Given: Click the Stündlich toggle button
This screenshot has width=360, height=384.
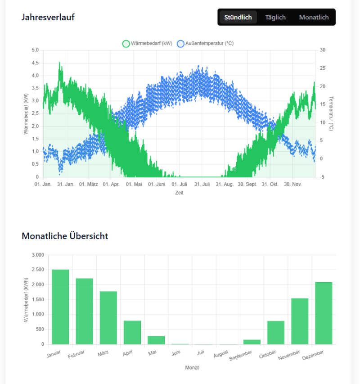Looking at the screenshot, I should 238,17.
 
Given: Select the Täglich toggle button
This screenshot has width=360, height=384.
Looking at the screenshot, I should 275,17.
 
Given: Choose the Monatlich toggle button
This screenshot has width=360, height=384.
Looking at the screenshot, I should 314,17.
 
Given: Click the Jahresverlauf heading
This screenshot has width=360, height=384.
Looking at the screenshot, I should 48,17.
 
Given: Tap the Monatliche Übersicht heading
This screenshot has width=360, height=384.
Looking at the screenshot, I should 65,235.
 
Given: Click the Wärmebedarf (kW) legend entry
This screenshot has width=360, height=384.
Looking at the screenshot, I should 147,44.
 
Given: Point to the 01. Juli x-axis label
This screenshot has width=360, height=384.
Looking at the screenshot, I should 179,184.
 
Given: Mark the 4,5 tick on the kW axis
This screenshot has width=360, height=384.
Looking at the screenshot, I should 35,63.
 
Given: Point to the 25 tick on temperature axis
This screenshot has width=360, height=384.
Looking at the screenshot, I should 322,68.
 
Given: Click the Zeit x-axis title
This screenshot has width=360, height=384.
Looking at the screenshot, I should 179,193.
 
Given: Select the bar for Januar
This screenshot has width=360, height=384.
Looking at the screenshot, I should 60,307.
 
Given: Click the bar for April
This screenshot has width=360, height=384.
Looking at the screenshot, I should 132,332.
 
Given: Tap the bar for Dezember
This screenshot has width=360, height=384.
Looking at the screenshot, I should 324,313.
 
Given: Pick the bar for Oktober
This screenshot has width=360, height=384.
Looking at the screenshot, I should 276,332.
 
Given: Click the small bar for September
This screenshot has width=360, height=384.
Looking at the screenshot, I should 252,342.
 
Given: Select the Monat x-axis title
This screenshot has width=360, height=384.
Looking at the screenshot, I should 192,368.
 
